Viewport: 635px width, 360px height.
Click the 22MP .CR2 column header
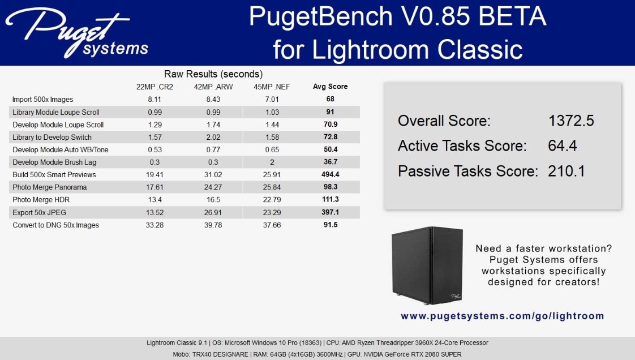[155, 87]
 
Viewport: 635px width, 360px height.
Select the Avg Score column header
[330, 86]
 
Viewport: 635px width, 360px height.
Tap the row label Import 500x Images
[42, 99]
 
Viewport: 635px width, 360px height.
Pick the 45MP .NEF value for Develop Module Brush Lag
[272, 162]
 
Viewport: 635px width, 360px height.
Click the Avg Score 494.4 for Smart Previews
[331, 174]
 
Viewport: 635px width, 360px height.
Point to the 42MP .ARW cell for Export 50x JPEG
[213, 212]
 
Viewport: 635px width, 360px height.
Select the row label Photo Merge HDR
[41, 200]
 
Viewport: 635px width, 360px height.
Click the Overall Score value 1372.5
[571, 121]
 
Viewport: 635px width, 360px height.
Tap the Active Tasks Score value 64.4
[562, 146]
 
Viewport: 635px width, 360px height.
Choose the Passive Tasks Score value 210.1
[566, 171]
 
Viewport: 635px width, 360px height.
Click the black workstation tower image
[427, 265]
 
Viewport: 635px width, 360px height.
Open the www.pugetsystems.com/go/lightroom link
[502, 316]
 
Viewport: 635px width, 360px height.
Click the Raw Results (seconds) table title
[213, 74]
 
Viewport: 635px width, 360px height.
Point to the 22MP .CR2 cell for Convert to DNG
[155, 225]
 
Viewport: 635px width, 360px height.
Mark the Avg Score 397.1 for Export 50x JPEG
[331, 212]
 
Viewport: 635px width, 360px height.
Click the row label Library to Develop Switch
[52, 138]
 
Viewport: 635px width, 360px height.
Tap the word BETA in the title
[512, 16]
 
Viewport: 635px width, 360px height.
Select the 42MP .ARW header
[213, 87]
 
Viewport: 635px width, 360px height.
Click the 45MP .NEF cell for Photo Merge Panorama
[272, 187]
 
